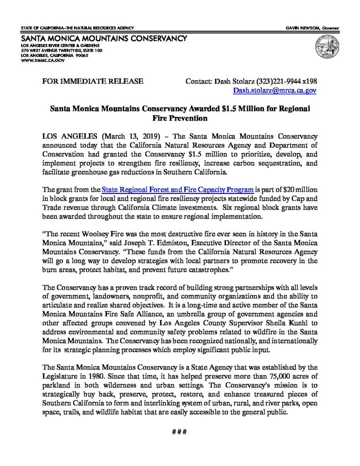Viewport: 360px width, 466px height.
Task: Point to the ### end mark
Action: click(179, 431)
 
